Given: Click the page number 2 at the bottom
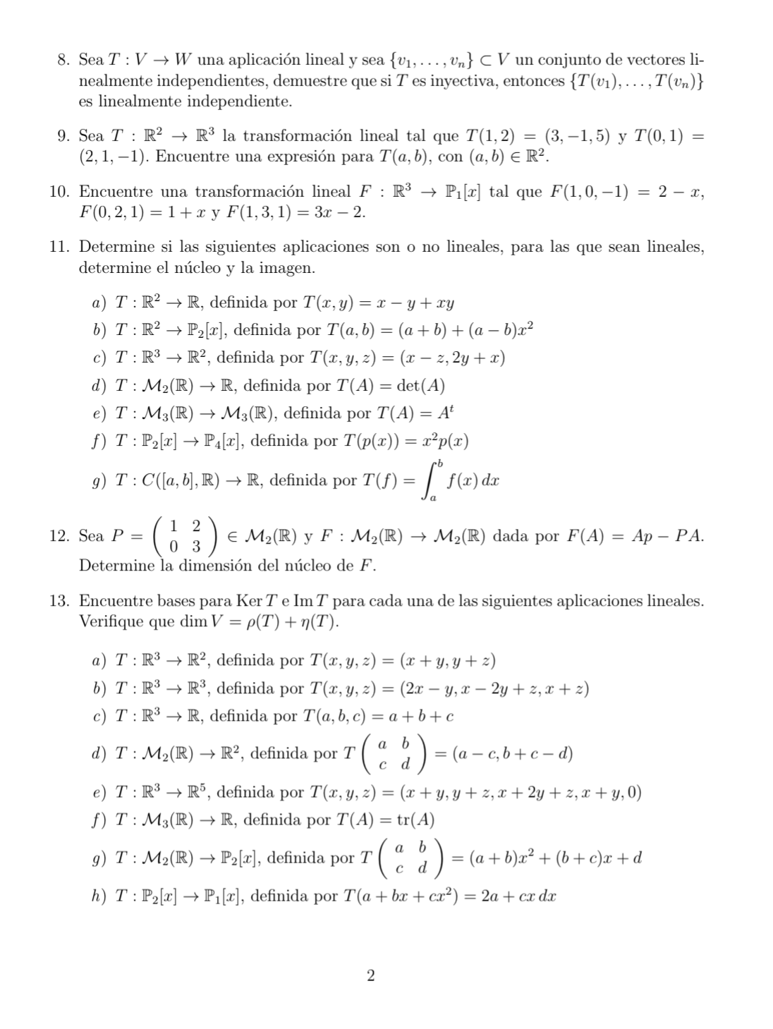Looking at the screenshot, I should pos(371,976).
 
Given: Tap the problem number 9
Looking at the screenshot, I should pos(62,135).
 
